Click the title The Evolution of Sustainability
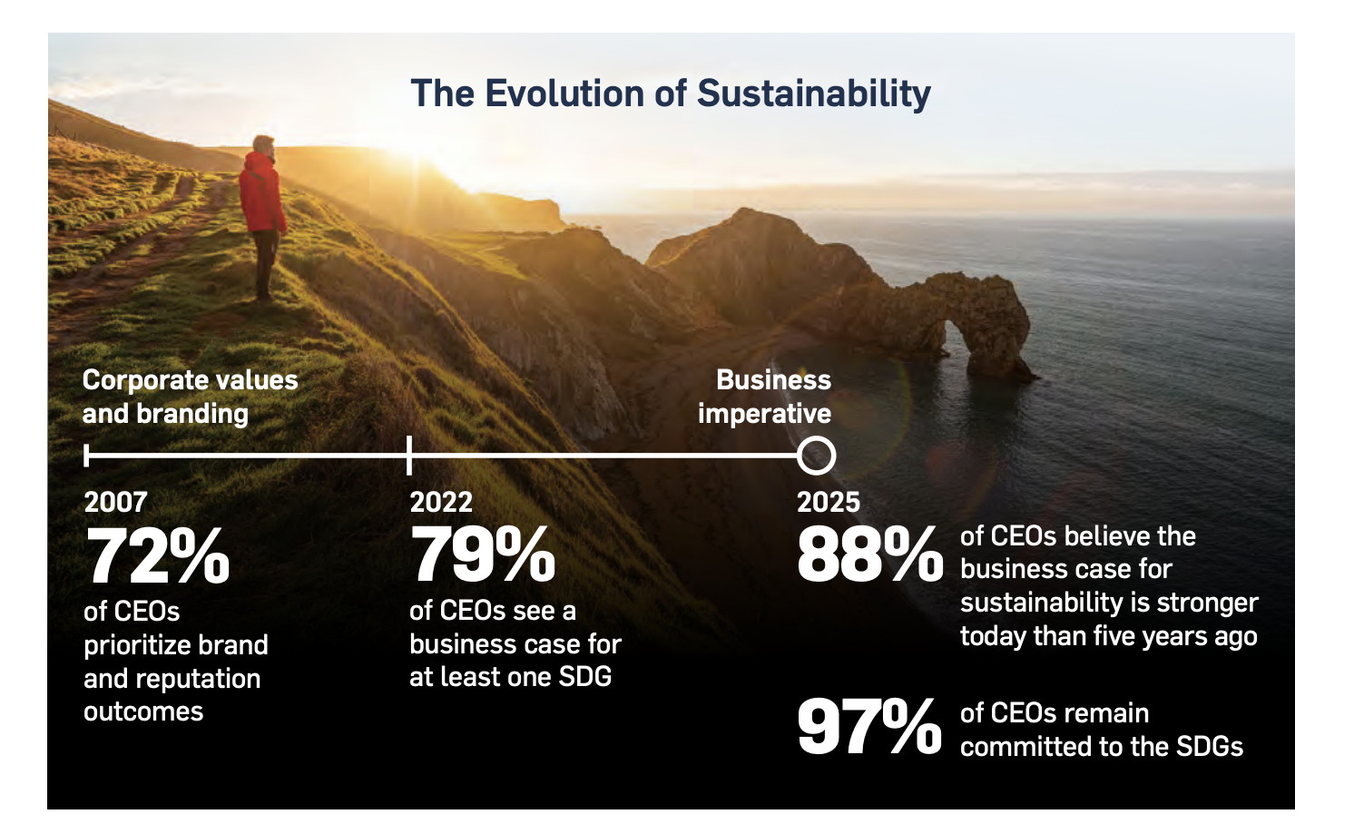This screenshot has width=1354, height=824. click(671, 93)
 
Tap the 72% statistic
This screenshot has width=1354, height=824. click(158, 556)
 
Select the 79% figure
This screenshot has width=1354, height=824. click(483, 554)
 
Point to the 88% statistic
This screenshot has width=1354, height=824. click(869, 554)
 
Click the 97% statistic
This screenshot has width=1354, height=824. click(869, 727)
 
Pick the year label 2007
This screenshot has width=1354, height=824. click(115, 502)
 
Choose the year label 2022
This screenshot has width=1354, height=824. click(441, 502)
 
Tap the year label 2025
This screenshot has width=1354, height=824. click(828, 502)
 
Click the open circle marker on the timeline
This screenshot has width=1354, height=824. click(816, 456)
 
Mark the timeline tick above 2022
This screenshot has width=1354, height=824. click(409, 455)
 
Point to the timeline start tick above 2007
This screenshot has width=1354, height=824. click(86, 455)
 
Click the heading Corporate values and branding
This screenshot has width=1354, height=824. click(190, 397)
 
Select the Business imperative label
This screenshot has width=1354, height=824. click(765, 397)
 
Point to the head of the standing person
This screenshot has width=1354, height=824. click(263, 145)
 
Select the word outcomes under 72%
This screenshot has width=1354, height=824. click(143, 711)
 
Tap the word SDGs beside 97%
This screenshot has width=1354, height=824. click(1210, 746)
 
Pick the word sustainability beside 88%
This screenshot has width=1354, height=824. click(1032, 603)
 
